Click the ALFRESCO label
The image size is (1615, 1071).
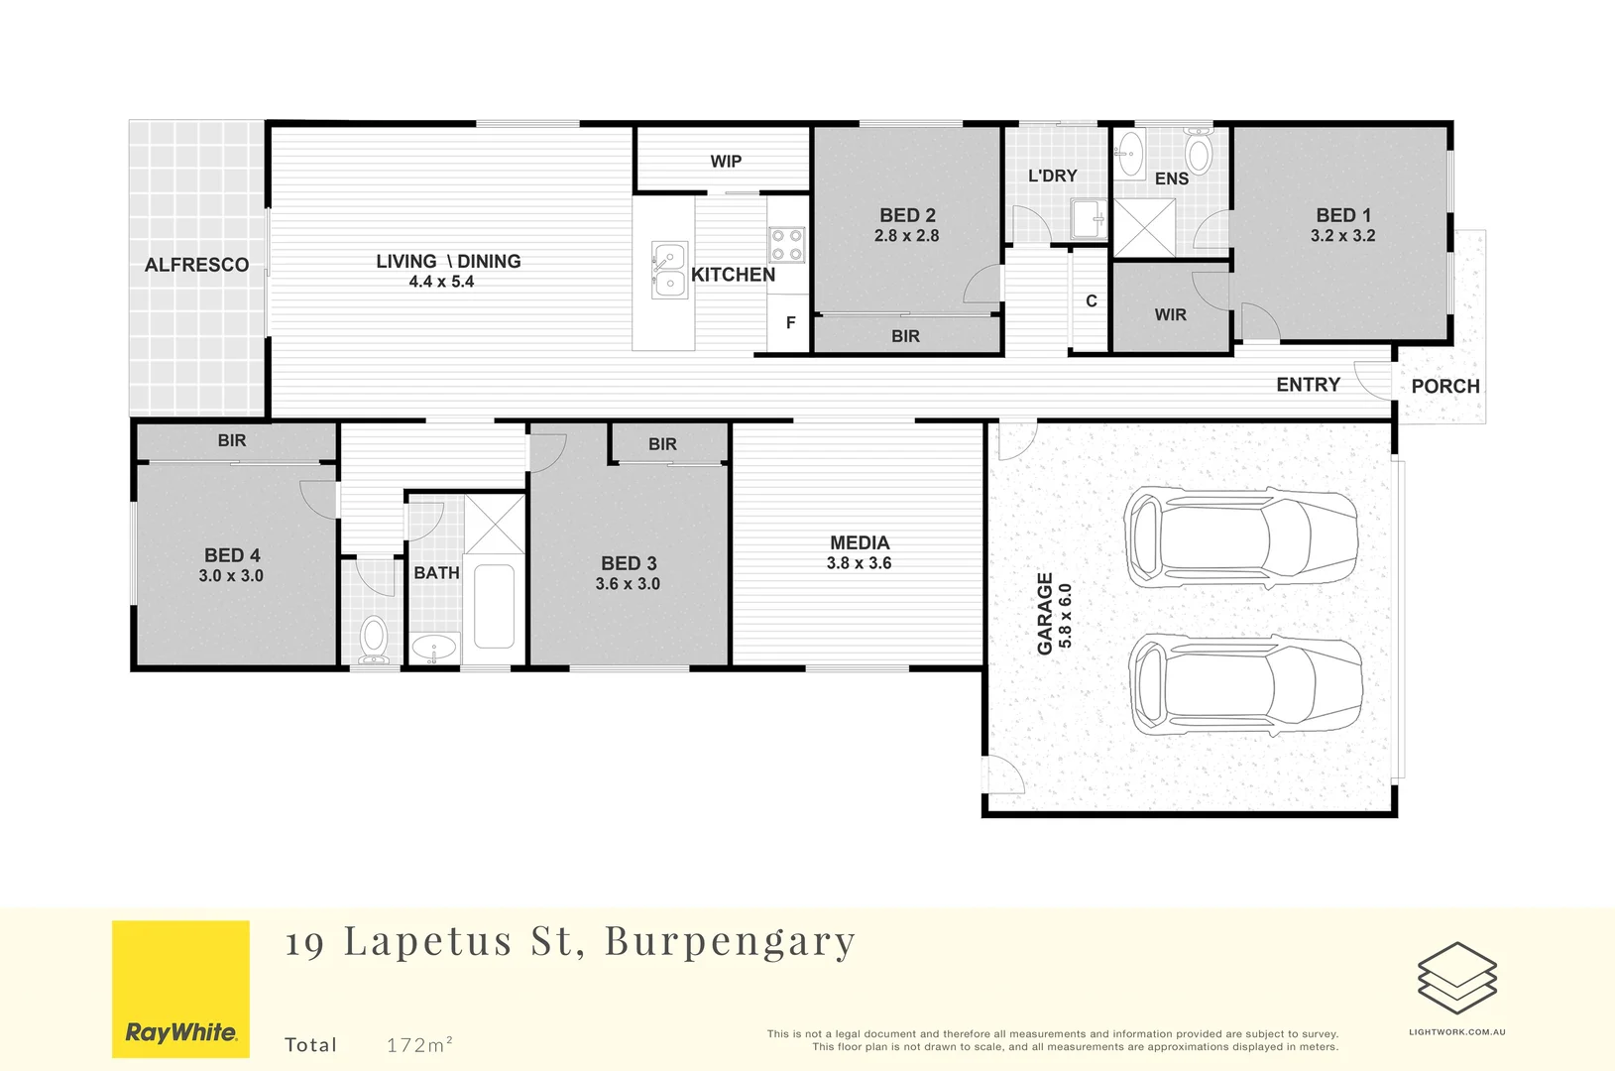(196, 265)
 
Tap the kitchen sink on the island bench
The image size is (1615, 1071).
(668, 270)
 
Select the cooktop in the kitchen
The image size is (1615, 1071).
(786, 245)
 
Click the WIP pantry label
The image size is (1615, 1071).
(725, 162)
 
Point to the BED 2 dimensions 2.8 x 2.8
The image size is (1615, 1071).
(906, 236)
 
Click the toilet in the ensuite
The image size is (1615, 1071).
(1198, 153)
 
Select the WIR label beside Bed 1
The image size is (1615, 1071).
(1170, 315)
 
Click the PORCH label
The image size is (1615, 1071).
(1444, 387)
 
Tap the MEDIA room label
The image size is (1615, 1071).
(860, 543)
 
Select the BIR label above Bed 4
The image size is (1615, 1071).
(231, 440)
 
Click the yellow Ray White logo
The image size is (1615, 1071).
(180, 989)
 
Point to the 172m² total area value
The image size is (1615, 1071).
(419, 1045)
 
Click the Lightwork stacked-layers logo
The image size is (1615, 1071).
(1456, 978)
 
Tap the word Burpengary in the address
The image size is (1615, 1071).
(730, 942)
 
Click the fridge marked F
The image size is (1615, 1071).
(790, 323)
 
